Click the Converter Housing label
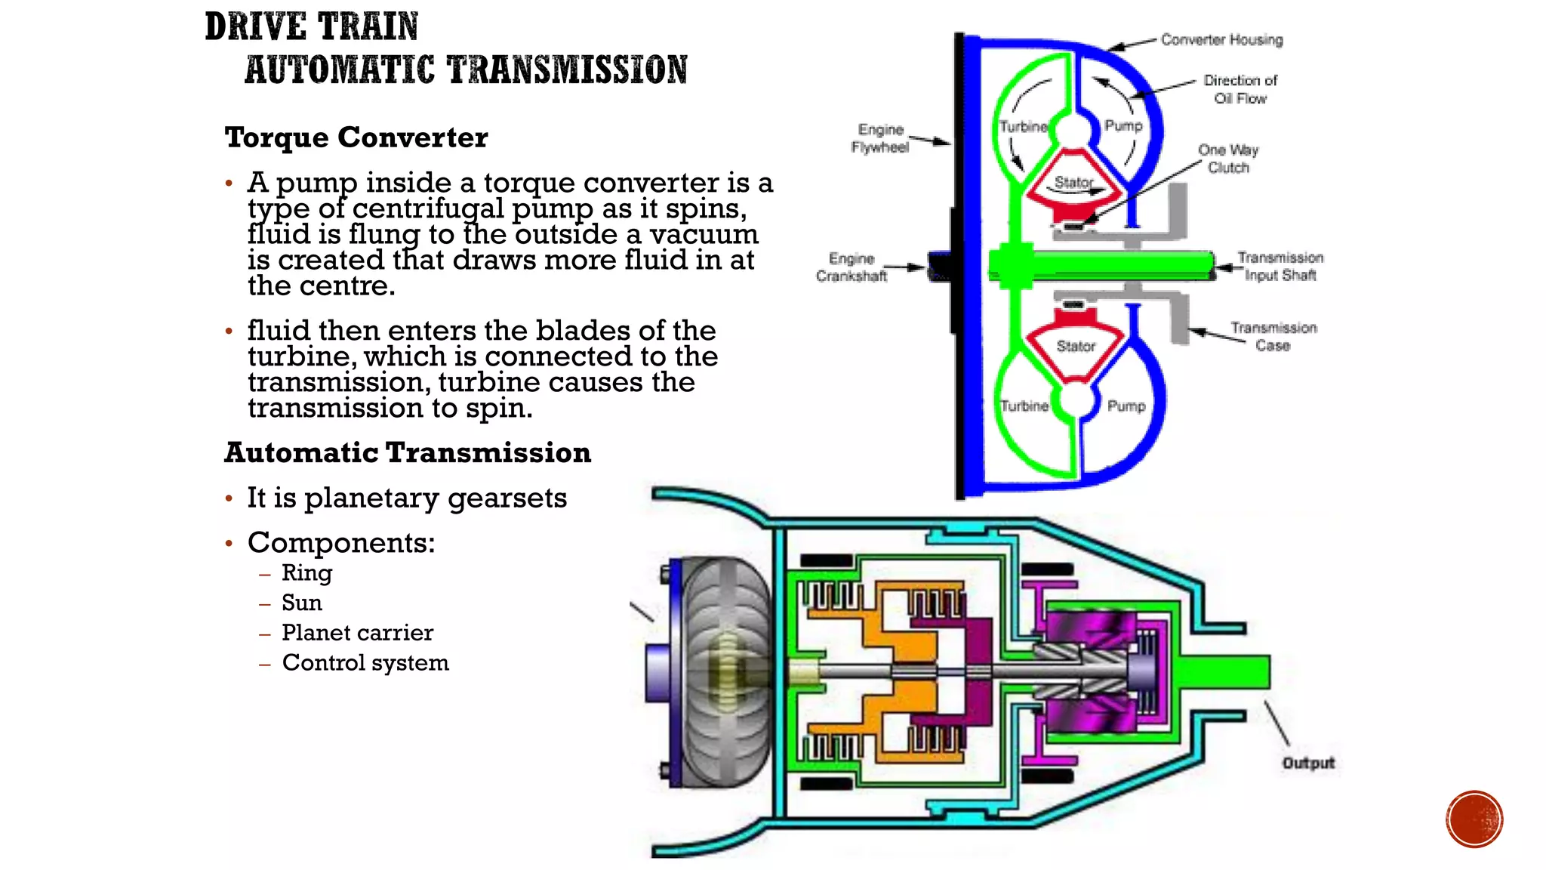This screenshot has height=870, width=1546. (x=1221, y=39)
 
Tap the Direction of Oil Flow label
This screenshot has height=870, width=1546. (x=1240, y=89)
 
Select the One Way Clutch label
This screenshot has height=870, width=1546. (x=1228, y=159)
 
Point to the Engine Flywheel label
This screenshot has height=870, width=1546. (x=880, y=138)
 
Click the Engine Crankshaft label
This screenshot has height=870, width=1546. (x=852, y=267)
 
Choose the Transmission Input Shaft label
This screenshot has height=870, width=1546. (x=1280, y=267)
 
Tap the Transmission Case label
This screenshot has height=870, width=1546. (x=1273, y=336)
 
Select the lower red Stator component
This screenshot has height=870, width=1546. (x=1076, y=347)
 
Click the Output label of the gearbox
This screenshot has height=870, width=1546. (x=1308, y=763)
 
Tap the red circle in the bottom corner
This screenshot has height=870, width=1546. (x=1474, y=819)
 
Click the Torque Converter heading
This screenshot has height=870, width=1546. (x=356, y=137)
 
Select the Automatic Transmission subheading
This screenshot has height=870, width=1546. (x=408, y=452)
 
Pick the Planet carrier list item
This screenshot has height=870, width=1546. (x=357, y=632)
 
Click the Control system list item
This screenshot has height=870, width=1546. (x=365, y=662)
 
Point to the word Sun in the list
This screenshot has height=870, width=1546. (x=302, y=603)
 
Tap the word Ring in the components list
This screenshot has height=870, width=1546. (x=306, y=572)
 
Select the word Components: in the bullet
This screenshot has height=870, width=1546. (x=341, y=542)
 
